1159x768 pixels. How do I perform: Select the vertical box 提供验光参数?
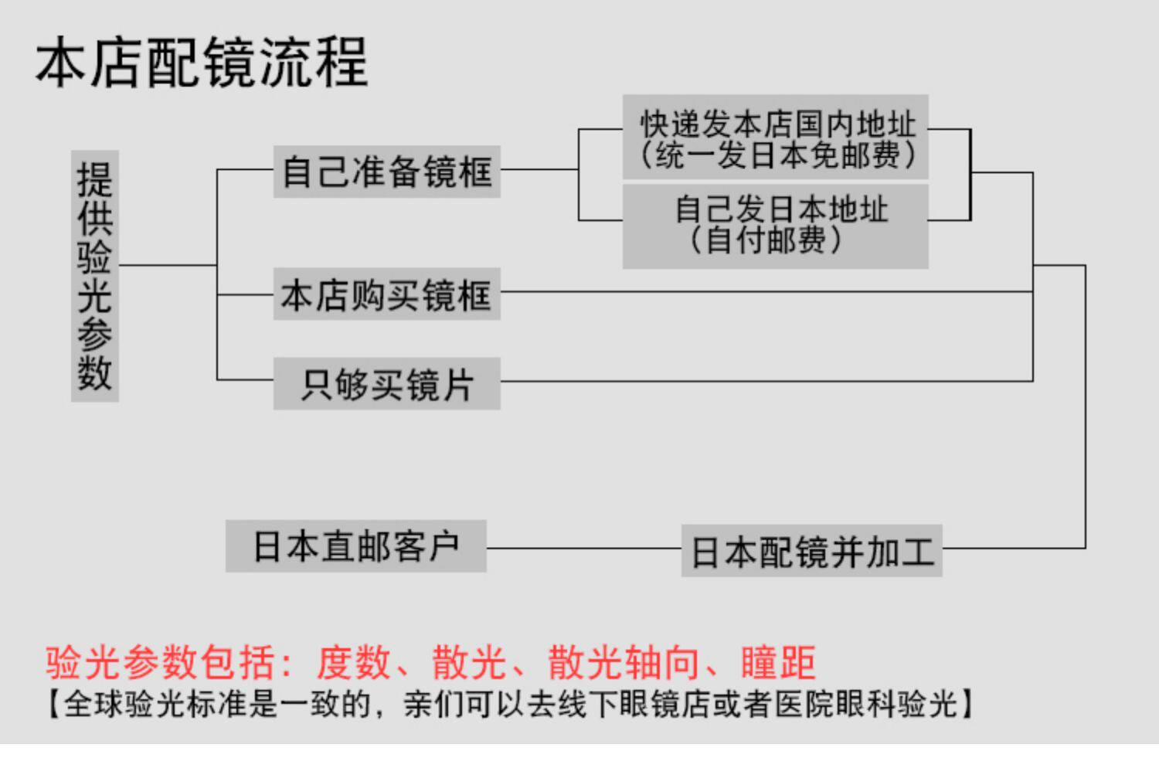click(x=94, y=276)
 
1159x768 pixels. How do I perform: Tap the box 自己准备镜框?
click(x=386, y=172)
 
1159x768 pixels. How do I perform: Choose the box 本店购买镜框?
click(x=386, y=294)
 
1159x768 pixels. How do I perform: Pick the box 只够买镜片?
click(x=386, y=384)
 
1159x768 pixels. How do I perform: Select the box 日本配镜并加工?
click(x=811, y=552)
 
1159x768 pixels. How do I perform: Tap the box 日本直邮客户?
click(x=356, y=546)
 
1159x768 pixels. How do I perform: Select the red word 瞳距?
click(x=777, y=663)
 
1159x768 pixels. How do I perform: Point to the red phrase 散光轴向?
click(x=623, y=663)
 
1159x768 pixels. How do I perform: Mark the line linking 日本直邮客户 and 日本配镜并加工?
click(x=583, y=549)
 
